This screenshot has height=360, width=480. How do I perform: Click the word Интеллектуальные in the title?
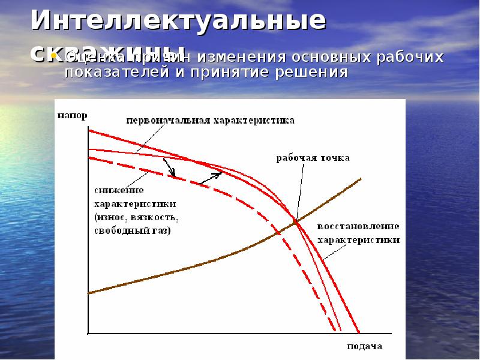point(179,20)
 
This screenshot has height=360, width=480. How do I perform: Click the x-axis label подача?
point(364,347)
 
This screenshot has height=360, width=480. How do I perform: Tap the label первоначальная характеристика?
point(210,120)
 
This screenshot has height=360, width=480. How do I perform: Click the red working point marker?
point(295,223)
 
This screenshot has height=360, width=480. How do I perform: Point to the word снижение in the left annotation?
point(118,190)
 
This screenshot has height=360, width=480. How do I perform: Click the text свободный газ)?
point(132,231)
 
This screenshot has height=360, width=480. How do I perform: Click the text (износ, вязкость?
point(136,217)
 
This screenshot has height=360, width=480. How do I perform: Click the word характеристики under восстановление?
point(358,240)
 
